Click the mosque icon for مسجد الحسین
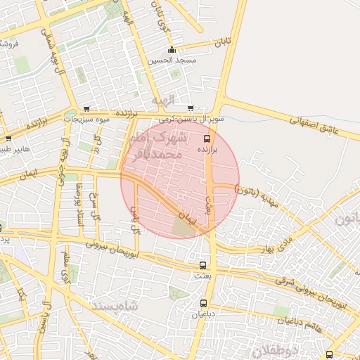pos(172,49)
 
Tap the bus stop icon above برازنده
pos(205,139)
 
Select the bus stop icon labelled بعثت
pos(203,265)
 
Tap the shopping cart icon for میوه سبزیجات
pos(86,109)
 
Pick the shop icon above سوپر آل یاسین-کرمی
pos(191,108)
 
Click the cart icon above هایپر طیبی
pos(8,139)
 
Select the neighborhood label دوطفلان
pos(276,349)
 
